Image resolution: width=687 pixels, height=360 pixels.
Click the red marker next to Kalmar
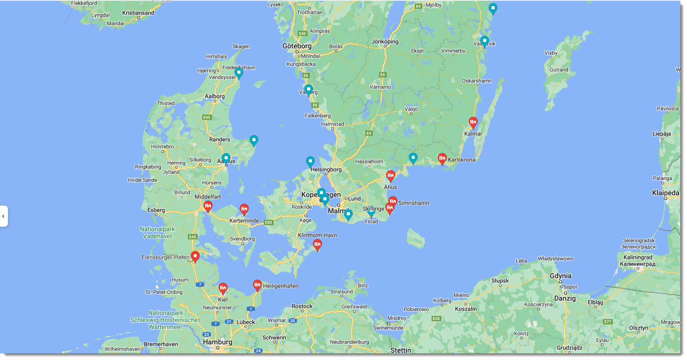pos(473,122)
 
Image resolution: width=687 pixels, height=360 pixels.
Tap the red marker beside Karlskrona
pos(442,158)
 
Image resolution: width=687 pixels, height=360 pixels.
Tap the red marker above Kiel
pos(223,289)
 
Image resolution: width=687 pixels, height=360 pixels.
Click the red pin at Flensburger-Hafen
pos(195,256)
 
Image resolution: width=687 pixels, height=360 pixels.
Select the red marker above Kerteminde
pos(244,209)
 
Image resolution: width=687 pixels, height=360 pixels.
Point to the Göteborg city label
pos(297,46)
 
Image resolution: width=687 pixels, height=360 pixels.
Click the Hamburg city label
pos(218,342)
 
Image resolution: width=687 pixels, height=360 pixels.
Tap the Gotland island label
pos(559,70)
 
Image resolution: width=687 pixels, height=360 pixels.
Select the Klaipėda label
pos(665,193)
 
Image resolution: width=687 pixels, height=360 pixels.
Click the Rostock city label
pos(302,306)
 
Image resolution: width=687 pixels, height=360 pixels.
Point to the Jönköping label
pos(385,41)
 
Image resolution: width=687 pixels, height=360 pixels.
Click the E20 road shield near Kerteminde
pos(268,222)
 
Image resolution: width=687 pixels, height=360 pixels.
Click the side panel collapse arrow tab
pos(4,216)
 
